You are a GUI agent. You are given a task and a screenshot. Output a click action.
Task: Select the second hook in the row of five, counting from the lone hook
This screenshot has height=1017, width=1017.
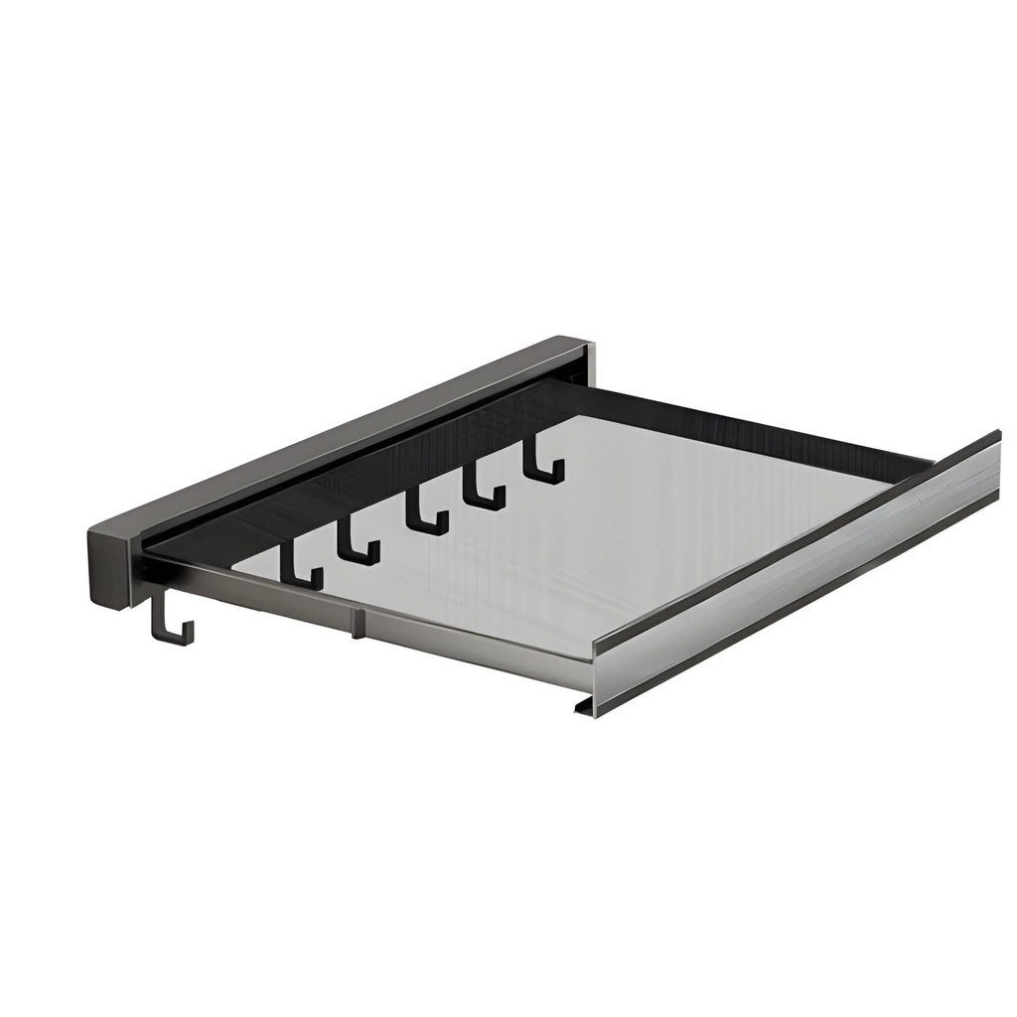(x=357, y=542)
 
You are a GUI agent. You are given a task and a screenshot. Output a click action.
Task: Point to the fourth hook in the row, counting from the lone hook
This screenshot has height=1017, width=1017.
(x=483, y=491)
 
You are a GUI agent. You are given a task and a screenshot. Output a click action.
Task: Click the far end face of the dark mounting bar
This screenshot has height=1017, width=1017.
(x=587, y=363)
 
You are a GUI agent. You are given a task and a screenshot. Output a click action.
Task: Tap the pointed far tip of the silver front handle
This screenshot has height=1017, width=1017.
(x=996, y=438)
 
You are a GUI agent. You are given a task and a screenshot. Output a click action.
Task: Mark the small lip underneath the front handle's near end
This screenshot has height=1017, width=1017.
(x=582, y=706)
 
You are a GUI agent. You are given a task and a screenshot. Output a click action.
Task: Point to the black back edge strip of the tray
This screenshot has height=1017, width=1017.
(x=755, y=422)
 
